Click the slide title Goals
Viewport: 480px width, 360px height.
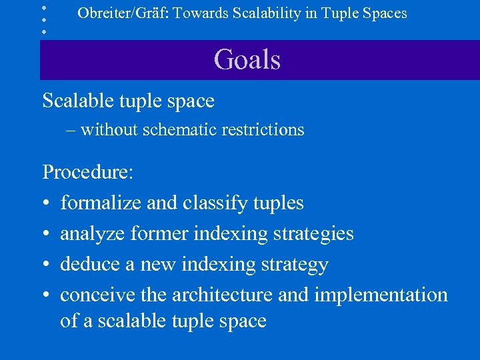(247, 60)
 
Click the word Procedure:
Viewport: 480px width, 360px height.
(88, 172)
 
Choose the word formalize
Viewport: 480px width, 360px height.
(101, 203)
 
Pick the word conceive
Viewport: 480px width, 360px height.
(97, 295)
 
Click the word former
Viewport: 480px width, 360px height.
(160, 233)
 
